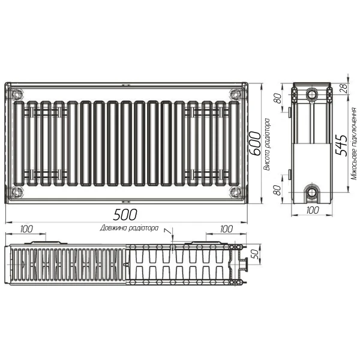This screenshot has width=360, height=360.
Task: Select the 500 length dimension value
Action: point(127,215)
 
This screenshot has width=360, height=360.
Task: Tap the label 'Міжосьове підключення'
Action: point(355,145)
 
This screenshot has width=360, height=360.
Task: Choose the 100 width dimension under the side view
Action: point(312,210)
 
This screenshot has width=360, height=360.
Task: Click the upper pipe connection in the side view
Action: point(313,95)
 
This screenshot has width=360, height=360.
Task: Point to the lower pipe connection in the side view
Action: point(313,193)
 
